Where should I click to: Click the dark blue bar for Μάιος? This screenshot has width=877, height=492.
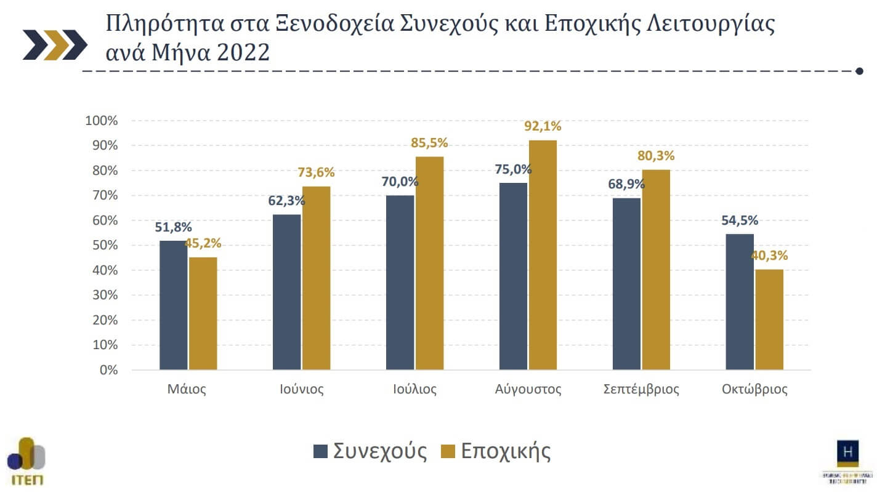tap(173, 305)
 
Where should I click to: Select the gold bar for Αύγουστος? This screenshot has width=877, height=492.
tap(543, 255)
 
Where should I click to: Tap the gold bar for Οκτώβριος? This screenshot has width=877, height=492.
tap(769, 320)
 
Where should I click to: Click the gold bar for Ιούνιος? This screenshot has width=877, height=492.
tap(316, 278)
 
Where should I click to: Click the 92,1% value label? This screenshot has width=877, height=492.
tap(542, 127)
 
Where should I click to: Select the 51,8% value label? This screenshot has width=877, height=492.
tap(173, 228)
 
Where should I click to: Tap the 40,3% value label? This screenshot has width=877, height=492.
tap(769, 256)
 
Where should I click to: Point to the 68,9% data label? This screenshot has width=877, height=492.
tap(626, 183)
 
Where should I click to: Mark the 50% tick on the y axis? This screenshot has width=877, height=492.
tap(104, 246)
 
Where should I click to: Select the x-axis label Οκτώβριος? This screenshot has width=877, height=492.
tap(754, 389)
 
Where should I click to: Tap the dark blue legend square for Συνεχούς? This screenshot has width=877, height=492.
tap(320, 451)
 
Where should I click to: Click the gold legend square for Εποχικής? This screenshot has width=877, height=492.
tap(448, 451)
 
